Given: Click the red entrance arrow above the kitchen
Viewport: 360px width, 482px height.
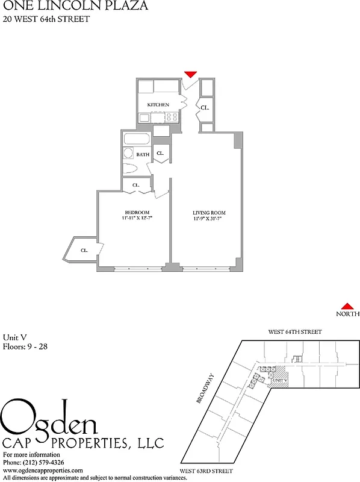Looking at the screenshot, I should (x=190, y=74).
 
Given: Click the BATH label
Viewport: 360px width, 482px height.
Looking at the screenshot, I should (x=143, y=154).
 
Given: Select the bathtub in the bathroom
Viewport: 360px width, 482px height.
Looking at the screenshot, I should (x=137, y=140).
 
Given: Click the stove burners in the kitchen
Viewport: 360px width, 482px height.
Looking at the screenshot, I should (x=171, y=117).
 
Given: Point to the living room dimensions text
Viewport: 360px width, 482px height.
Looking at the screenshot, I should (x=209, y=219).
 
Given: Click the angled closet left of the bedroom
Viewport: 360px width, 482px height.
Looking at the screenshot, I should (x=83, y=249).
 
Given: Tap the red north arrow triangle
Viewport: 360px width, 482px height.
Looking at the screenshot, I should (x=347, y=306).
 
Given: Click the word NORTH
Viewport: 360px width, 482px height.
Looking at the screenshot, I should (x=347, y=314).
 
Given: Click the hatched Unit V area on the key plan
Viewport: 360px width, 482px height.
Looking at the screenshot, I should (x=280, y=377).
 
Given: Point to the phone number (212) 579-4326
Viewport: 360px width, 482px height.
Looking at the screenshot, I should (x=42, y=462).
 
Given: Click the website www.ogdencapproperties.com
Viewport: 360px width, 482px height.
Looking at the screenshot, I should (x=42, y=470).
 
